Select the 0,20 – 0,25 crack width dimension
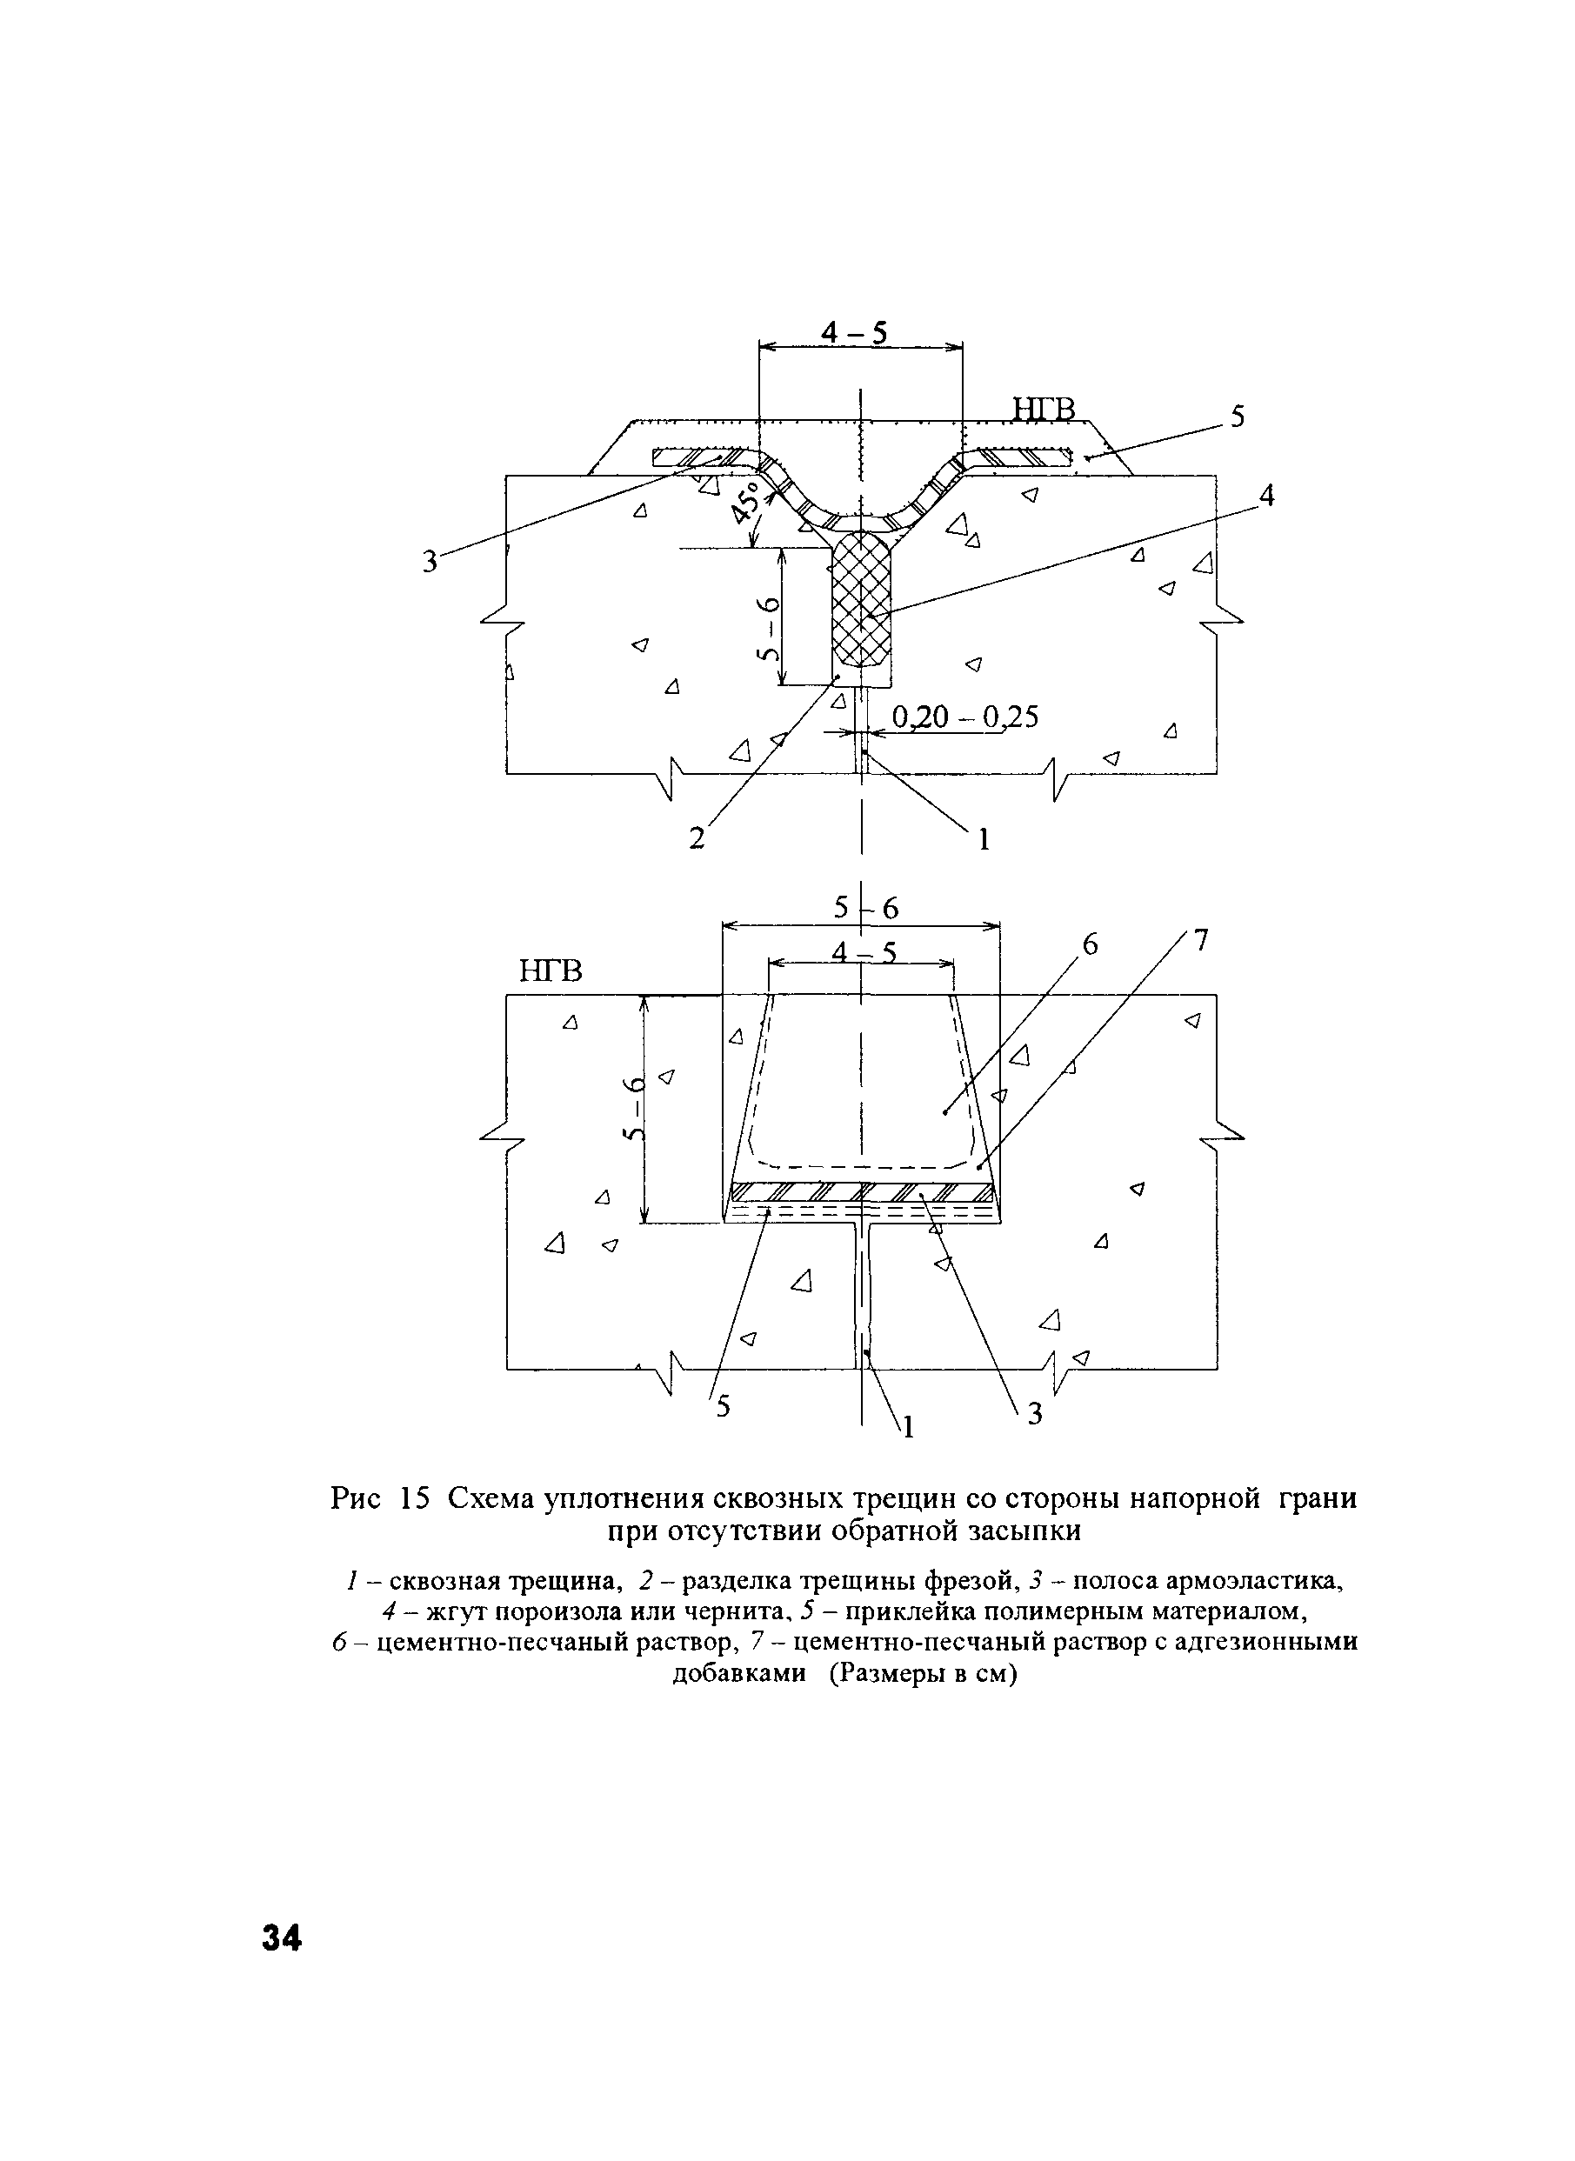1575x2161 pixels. tap(964, 717)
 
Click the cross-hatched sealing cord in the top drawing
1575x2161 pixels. tap(861, 598)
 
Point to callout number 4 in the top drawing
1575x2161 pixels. tap(1266, 496)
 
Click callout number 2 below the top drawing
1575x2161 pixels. tap(697, 838)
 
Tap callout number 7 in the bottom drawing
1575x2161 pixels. tap(1200, 941)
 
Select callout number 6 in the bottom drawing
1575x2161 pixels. tap(1090, 944)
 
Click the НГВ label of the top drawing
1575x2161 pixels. tap(1043, 410)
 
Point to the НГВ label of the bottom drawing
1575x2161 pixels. tap(551, 971)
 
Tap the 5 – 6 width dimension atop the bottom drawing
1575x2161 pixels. tap(865, 909)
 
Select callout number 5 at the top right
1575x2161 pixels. tap(1237, 417)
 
